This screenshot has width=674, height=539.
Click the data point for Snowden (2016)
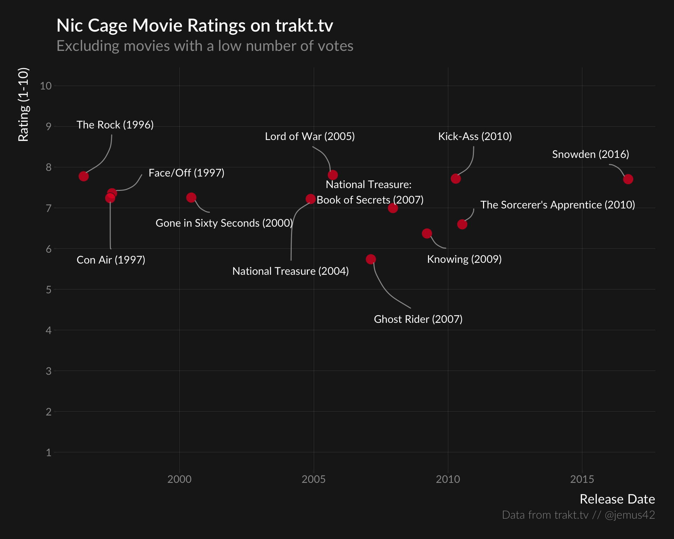pos(628,179)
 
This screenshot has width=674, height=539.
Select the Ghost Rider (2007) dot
pos(371,259)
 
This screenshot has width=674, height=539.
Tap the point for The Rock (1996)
pos(84,176)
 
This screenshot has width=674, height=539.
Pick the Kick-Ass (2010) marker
pos(456,179)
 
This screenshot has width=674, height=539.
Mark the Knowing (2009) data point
pos(427,233)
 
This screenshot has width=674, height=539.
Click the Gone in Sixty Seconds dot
pos(191,198)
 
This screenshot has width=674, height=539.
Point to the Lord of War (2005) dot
pos(333,175)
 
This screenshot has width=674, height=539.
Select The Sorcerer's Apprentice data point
pos(462,224)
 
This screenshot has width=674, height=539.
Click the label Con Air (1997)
pos(111,260)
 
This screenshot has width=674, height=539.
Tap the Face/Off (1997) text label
pos(186,173)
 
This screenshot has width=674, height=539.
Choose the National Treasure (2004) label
pos(290,271)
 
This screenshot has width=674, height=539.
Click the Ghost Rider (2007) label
pos(418,319)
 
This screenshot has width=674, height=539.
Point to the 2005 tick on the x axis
pos(313,479)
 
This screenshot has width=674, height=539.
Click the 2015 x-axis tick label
pos(582,479)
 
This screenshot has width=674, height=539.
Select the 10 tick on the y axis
pos(46,86)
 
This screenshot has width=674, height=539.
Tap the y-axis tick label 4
pos(48,330)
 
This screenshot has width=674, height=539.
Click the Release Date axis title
pos(617,499)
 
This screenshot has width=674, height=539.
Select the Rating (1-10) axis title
pos(24,105)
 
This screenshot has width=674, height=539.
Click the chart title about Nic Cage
pos(195,26)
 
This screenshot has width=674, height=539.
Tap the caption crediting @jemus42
pos(578,515)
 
